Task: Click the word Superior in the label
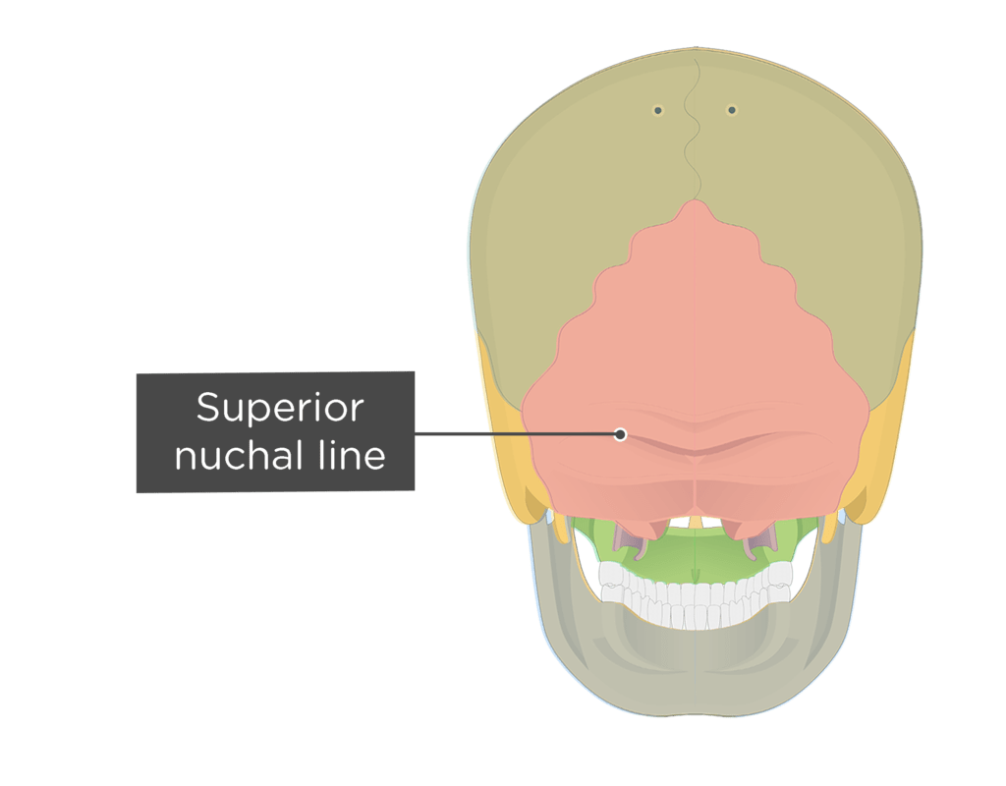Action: pyautogui.click(x=280, y=409)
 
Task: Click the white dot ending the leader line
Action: pyautogui.click(x=620, y=434)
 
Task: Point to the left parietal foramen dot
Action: pyautogui.click(x=657, y=110)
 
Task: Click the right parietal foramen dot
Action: pyautogui.click(x=731, y=110)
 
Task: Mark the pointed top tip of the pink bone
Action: pyautogui.click(x=696, y=200)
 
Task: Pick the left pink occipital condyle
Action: pyautogui.click(x=648, y=527)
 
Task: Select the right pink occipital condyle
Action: pyautogui.click(x=742, y=527)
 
